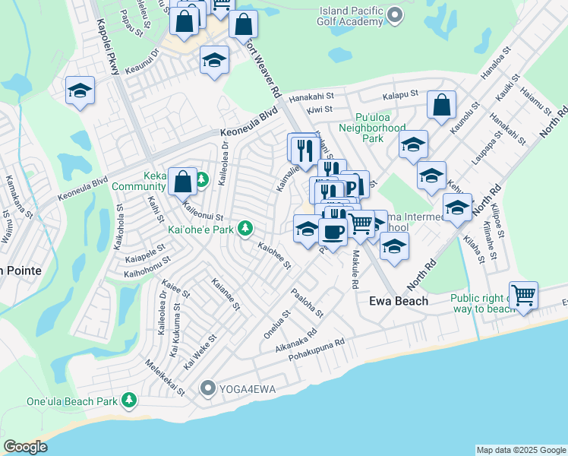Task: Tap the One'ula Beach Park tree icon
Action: (129, 400)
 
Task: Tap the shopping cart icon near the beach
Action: (523, 295)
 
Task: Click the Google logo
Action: (25, 447)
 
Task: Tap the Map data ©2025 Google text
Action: (520, 450)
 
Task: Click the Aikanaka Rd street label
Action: (296, 340)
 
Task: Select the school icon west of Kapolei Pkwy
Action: (80, 91)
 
